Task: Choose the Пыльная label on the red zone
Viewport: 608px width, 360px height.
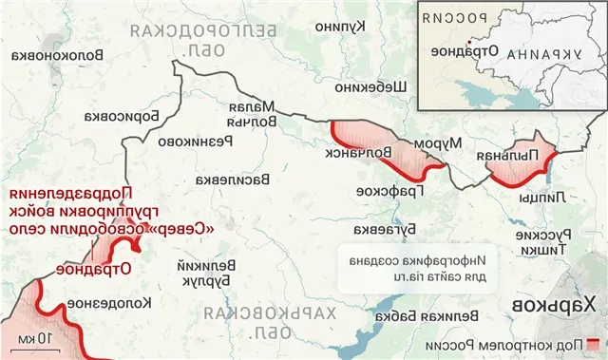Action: pos(522,157)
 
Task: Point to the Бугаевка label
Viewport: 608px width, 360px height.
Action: pos(376,229)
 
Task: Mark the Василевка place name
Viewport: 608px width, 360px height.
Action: pos(233,179)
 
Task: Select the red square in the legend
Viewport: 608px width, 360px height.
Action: pos(595,342)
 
